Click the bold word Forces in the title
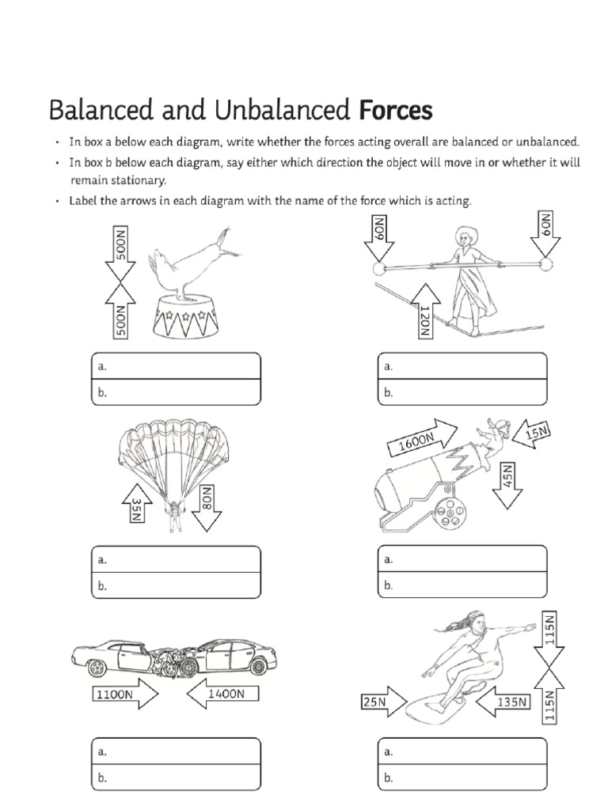click(396, 110)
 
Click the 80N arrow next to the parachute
click(207, 503)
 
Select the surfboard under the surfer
click(438, 707)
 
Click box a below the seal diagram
click(176, 366)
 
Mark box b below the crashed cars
click(176, 778)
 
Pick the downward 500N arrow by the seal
click(120, 253)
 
